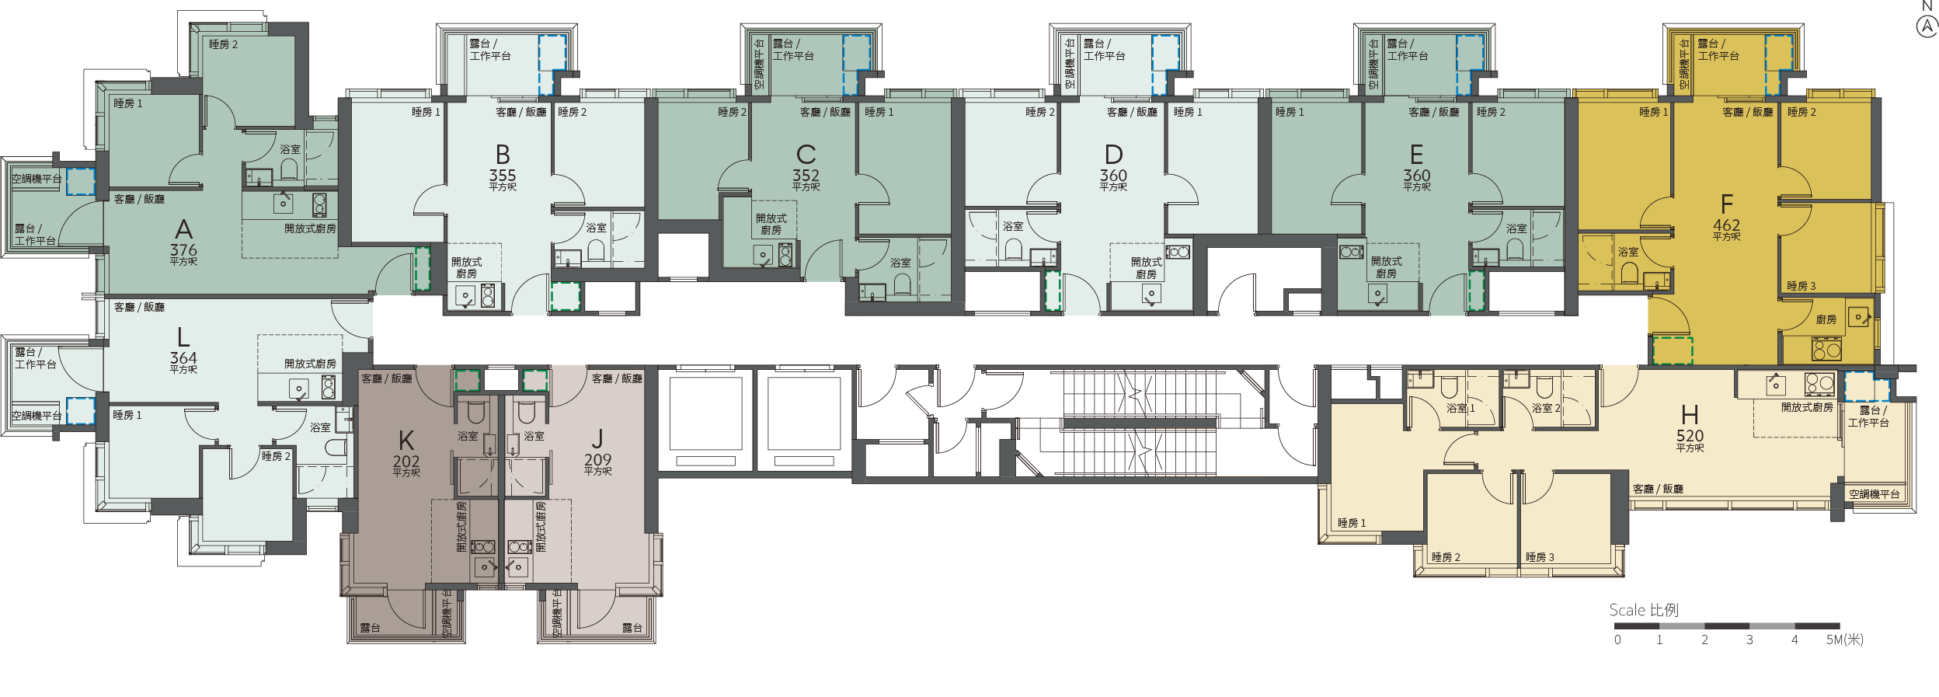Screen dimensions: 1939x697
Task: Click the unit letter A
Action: (x=183, y=229)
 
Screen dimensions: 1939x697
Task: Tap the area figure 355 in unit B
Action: (x=503, y=176)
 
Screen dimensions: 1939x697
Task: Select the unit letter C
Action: (x=806, y=155)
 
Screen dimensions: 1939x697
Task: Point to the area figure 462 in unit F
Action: (x=1727, y=225)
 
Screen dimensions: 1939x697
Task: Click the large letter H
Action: (x=1690, y=415)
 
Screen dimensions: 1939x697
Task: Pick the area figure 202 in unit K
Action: (x=406, y=462)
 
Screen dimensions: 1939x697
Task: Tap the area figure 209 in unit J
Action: (x=598, y=460)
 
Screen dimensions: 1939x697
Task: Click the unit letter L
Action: (x=183, y=337)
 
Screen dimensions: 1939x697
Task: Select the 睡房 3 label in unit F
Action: (x=1801, y=286)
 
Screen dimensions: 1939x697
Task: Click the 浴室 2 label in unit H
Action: (x=1546, y=408)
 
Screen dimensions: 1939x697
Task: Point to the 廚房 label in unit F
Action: (x=1826, y=319)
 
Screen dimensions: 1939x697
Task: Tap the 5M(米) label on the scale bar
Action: (x=1845, y=639)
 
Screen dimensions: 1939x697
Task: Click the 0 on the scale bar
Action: (x=1617, y=640)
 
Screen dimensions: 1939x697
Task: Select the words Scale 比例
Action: (x=1644, y=610)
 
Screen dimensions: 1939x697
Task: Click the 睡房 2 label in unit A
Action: (x=223, y=44)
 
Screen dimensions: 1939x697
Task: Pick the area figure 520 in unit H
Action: (x=1690, y=436)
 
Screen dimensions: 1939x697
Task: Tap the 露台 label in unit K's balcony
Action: (x=370, y=628)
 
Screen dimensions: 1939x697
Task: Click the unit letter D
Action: (x=1113, y=155)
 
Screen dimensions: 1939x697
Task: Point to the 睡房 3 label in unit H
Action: (x=1540, y=557)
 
